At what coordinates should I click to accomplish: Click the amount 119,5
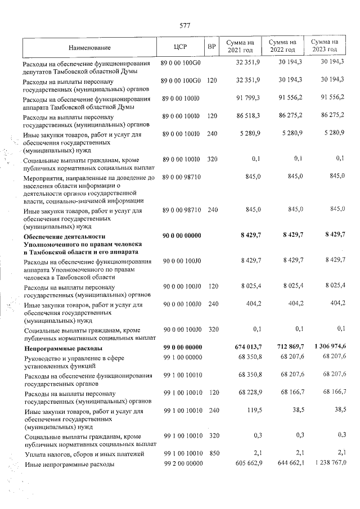point(252,411)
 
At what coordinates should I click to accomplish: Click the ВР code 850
point(211,453)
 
